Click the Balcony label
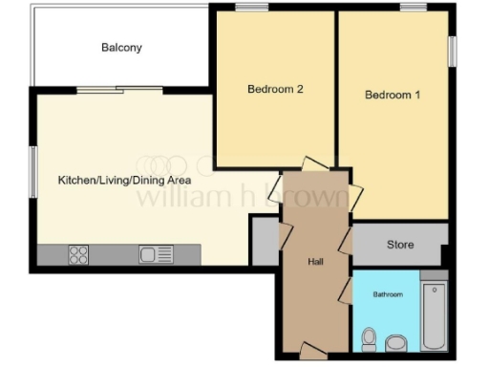121,47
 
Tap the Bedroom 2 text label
275,90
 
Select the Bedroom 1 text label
393,96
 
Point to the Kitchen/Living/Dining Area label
124,180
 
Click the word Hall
316,261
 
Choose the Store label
400,245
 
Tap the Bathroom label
388,295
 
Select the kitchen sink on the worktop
156,255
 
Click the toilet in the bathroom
395,341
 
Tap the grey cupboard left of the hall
265,239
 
